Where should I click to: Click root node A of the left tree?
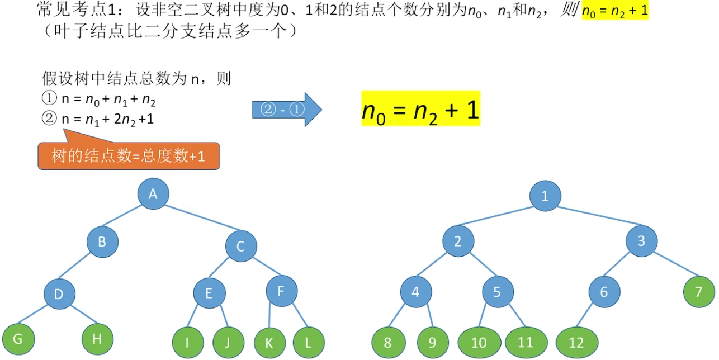[x=153, y=194]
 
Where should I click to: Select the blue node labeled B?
[x=102, y=242]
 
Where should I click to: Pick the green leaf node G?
[x=18, y=339]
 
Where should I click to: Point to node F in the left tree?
[x=281, y=291]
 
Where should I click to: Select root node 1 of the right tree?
[x=545, y=196]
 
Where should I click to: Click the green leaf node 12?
[x=576, y=343]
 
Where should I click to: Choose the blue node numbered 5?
[x=499, y=292]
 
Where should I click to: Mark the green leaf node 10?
[x=479, y=342]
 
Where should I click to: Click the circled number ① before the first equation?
[x=50, y=100]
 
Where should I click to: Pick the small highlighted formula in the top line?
[x=614, y=11]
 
